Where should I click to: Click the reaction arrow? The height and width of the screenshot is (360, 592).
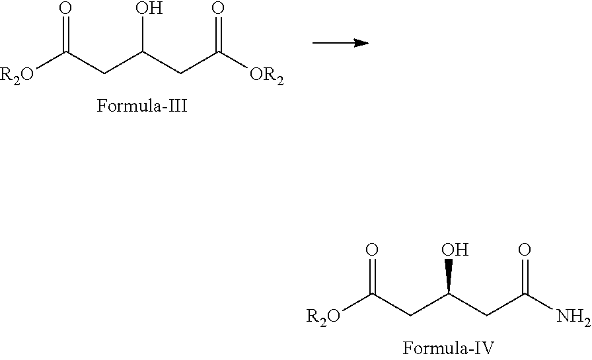340,43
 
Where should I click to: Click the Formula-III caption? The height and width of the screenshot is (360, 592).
143,106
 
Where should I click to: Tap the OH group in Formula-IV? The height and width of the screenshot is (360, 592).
454,250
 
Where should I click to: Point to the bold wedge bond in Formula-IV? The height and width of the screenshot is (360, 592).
449,275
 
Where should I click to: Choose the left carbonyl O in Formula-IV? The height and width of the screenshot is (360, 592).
372,250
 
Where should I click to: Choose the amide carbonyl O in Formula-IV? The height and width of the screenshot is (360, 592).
525,250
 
